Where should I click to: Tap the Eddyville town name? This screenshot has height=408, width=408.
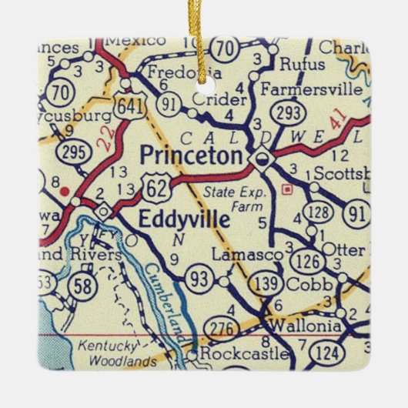click(184, 219)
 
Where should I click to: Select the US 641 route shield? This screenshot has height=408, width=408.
click(132, 109)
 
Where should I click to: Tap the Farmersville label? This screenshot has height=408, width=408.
click(311, 89)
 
